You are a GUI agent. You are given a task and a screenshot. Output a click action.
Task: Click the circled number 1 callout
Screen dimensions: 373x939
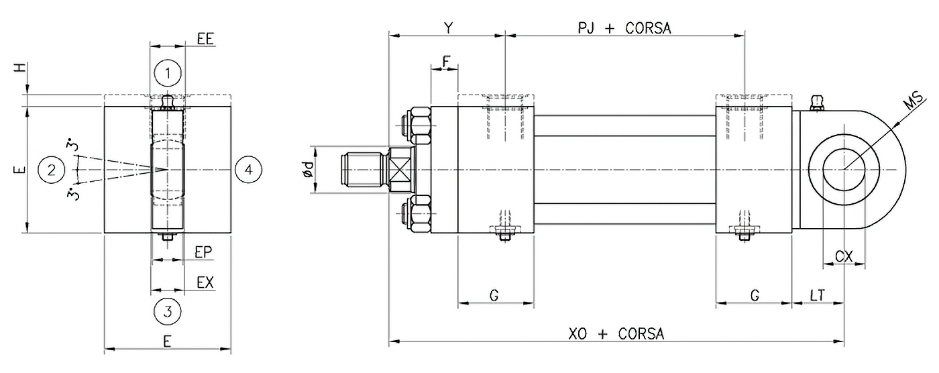tap(167, 72)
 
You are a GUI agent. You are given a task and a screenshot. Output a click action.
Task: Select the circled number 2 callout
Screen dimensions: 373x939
tap(52, 170)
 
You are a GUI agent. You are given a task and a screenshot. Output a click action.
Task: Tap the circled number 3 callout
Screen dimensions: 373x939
tap(168, 311)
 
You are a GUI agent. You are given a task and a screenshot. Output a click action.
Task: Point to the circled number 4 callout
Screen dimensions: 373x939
tap(249, 170)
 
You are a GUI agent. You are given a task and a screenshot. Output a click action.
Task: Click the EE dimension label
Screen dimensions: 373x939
tap(205, 40)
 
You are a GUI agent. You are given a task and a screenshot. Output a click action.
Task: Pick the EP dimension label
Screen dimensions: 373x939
tap(204, 252)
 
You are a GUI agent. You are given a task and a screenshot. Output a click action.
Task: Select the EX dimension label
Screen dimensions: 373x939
tap(205, 282)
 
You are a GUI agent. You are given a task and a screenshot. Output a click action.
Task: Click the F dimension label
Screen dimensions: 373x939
tap(445, 60)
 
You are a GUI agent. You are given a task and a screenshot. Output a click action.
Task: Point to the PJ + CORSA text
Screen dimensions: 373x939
tap(624, 28)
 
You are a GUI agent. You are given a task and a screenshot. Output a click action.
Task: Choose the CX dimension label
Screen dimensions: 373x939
tap(844, 256)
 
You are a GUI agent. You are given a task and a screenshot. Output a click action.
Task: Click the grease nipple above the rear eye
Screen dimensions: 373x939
tap(816, 102)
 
